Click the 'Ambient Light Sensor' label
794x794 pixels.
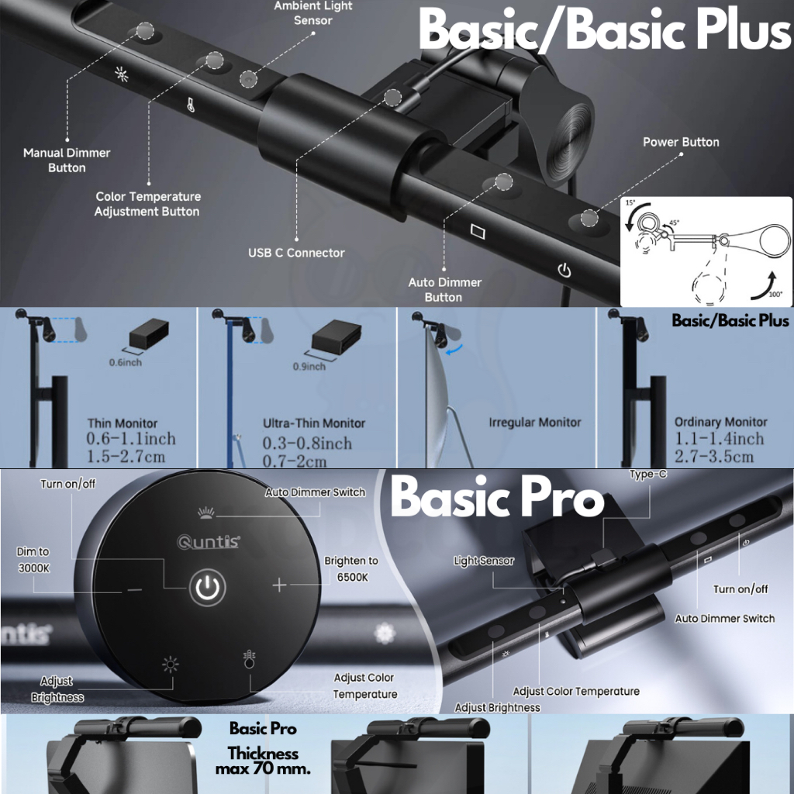point(313,13)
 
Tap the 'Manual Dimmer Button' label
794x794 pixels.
point(67,160)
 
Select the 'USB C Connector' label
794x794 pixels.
point(296,253)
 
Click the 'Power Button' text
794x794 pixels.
point(681,142)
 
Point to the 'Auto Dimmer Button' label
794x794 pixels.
point(444,290)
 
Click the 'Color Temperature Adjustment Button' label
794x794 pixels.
point(147,204)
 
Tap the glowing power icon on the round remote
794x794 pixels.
point(208,588)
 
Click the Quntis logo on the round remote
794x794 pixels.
point(209,542)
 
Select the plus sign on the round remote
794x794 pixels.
point(279,585)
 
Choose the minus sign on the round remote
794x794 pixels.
point(135,589)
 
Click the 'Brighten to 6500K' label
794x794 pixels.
point(351,568)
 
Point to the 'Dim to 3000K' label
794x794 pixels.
point(33,560)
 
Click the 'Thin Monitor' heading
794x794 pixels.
point(122,423)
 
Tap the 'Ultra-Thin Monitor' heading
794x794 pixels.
point(314,423)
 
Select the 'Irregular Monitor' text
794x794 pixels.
point(535,423)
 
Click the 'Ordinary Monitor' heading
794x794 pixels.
point(720,422)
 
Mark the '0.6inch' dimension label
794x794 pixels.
point(126,362)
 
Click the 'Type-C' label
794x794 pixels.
point(648,474)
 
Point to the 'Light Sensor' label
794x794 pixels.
point(484,561)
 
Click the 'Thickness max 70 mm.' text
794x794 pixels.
point(263,761)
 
